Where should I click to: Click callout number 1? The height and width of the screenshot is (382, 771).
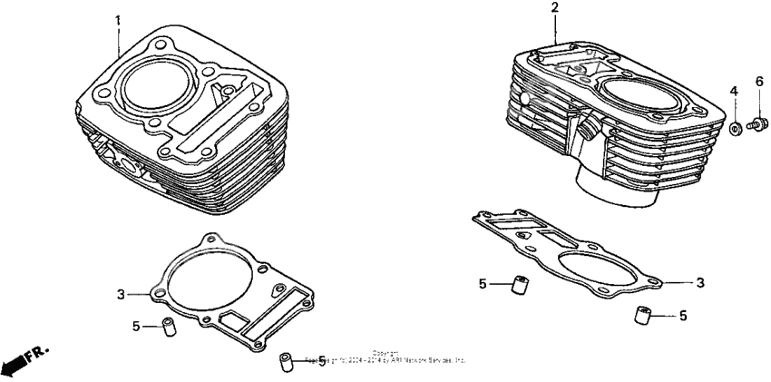[x=117, y=20]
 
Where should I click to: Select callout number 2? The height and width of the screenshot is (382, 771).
[x=555, y=8]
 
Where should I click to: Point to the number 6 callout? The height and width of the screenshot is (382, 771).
[x=759, y=82]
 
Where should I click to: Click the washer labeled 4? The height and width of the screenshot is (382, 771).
[x=737, y=128]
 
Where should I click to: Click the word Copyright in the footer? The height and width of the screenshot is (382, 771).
[x=385, y=352]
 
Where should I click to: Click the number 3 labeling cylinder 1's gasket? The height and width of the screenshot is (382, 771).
[x=120, y=293]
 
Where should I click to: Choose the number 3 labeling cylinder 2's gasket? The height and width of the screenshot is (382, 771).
[x=700, y=282]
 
